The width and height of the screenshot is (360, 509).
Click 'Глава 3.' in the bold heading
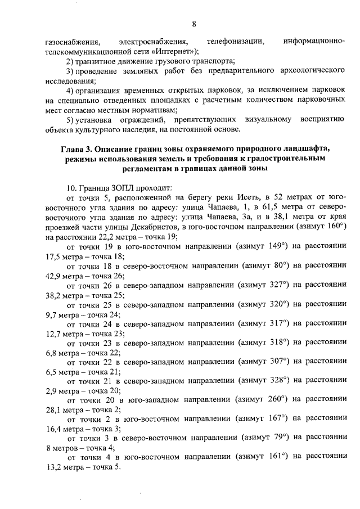coord(77,148)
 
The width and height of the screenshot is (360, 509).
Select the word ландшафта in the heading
coord(307,148)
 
